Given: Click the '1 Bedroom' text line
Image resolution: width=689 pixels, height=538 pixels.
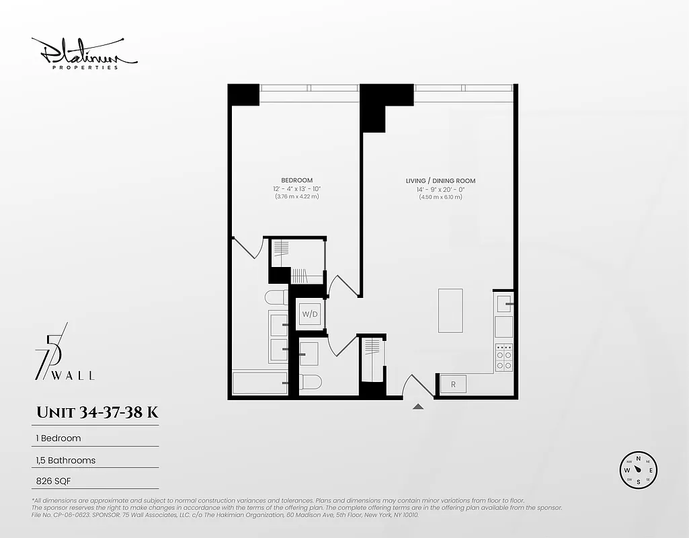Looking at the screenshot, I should (x=58, y=438).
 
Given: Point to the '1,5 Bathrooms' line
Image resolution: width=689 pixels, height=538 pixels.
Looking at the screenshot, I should (x=66, y=461).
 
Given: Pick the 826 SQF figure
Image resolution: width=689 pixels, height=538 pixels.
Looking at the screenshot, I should (x=53, y=482).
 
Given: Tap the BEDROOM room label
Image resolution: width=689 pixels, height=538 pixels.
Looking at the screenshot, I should (x=296, y=180).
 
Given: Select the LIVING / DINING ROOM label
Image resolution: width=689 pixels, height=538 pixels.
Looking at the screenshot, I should (x=440, y=181).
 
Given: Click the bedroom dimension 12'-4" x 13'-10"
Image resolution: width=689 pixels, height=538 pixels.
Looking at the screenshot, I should (x=296, y=188).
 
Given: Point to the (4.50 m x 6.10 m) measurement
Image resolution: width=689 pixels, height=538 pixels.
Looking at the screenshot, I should (x=440, y=197).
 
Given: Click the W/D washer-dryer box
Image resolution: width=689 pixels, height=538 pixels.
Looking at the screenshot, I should (x=309, y=314).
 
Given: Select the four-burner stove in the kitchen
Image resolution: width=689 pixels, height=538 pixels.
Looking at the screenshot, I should (x=503, y=358).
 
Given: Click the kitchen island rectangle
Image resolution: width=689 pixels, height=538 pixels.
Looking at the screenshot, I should (x=450, y=310).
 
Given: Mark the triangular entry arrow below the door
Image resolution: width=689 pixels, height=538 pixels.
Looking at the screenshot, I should (x=418, y=406).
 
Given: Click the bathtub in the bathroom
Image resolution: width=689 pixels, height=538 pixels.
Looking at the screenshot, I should (x=259, y=383).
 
